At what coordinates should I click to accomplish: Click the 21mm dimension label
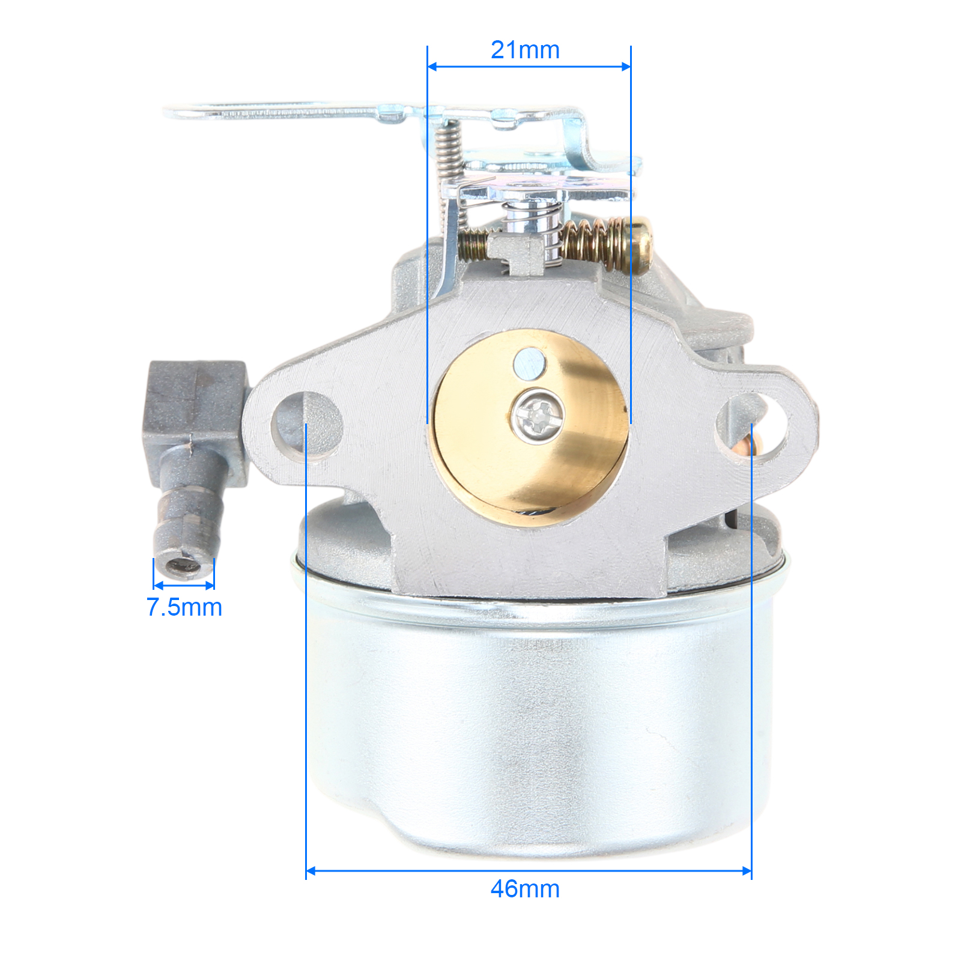tap(525, 50)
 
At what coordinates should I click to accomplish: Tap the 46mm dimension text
tap(525, 889)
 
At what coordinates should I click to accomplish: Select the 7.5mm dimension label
tap(184, 607)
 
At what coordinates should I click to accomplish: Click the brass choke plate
tap(529, 428)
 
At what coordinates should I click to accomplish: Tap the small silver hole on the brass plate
tap(529, 363)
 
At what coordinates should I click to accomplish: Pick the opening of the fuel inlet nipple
tap(184, 565)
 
